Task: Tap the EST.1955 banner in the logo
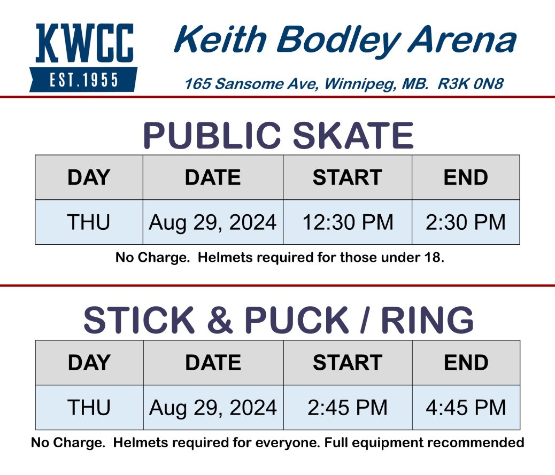coord(83,80)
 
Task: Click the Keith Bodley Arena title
coord(345,41)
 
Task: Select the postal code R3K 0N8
coord(471,84)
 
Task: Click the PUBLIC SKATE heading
coord(278,136)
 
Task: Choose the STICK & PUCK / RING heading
coord(278,321)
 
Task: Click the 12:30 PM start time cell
coord(348,222)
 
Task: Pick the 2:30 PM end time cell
coord(466,222)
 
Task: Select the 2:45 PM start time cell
coord(348,408)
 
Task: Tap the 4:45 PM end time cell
coord(466,408)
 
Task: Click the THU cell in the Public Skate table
coord(89,222)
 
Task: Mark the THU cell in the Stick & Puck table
coord(89,408)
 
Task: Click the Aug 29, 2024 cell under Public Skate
coord(213,222)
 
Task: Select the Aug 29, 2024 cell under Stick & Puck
coord(213,408)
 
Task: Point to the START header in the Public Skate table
coord(348,177)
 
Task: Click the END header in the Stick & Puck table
coord(466,363)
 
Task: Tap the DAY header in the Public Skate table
coord(89,177)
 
